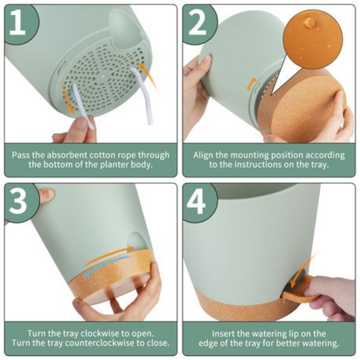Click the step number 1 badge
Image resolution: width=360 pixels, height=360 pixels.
click(21, 23)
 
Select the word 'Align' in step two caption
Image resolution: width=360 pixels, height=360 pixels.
click(205, 155)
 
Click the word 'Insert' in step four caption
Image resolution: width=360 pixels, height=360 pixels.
click(224, 333)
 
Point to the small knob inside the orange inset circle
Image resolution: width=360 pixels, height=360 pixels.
click(310, 23)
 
